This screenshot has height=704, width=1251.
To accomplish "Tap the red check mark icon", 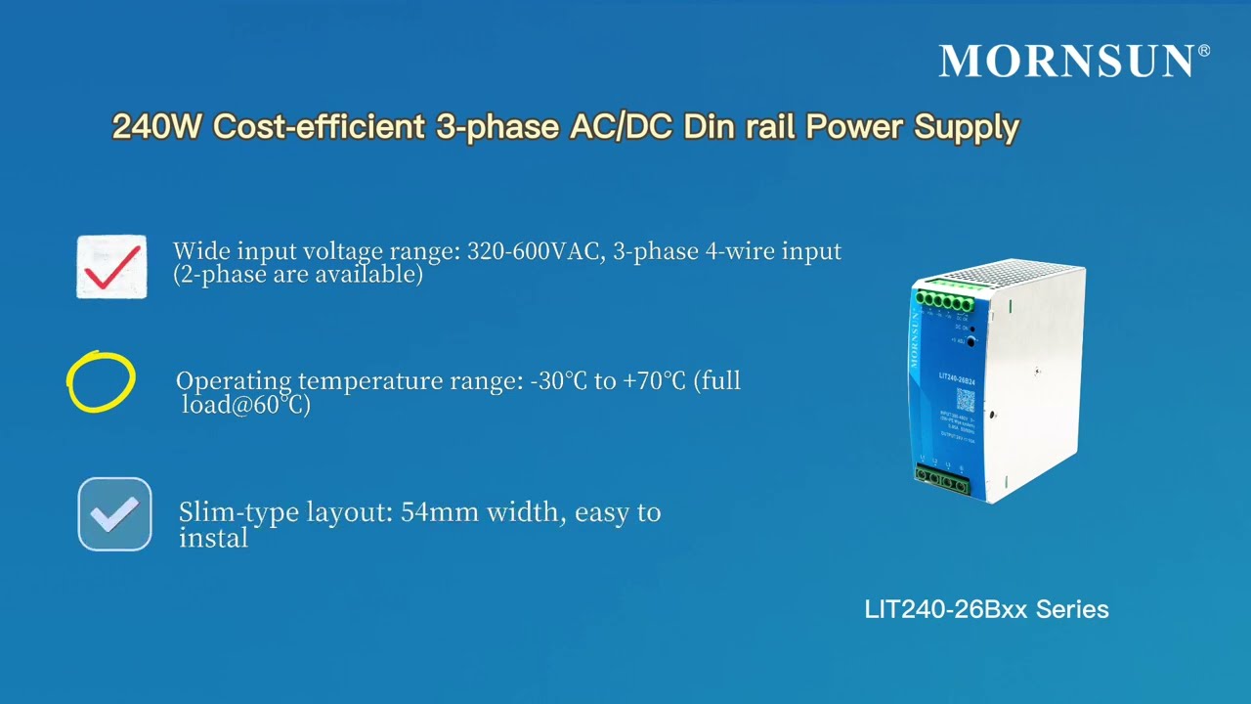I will [111, 266].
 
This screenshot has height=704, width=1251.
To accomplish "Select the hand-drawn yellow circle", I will [101, 381].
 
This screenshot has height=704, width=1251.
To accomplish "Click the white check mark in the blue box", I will [115, 514].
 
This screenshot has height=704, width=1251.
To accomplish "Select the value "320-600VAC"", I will [536, 251].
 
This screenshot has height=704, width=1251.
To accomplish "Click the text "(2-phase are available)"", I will [298, 275].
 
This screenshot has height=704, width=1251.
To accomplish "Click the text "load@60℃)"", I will [246, 404].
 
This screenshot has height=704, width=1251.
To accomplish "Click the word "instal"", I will [213, 537].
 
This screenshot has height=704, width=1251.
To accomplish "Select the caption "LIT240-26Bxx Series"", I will [986, 609].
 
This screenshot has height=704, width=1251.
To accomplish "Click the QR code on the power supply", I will [965, 401].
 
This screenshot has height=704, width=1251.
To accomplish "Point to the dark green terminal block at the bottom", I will [942, 480].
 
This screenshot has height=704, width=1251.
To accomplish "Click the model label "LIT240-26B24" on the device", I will [957, 377].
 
